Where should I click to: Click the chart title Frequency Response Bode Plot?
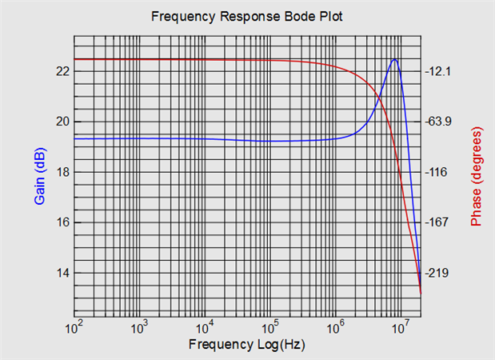(x=246, y=17)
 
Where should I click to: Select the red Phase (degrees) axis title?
(x=477, y=176)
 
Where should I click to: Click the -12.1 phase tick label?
(x=439, y=71)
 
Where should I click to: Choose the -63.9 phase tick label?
(x=439, y=122)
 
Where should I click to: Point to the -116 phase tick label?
(x=437, y=172)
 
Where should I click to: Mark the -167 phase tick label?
(x=437, y=222)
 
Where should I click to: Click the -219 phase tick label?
(x=437, y=273)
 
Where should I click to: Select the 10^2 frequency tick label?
(x=74, y=327)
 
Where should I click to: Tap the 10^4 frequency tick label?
(x=206, y=327)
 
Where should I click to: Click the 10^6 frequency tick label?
(x=337, y=327)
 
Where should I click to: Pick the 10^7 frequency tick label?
(x=402, y=327)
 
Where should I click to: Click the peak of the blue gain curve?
(x=394, y=59)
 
